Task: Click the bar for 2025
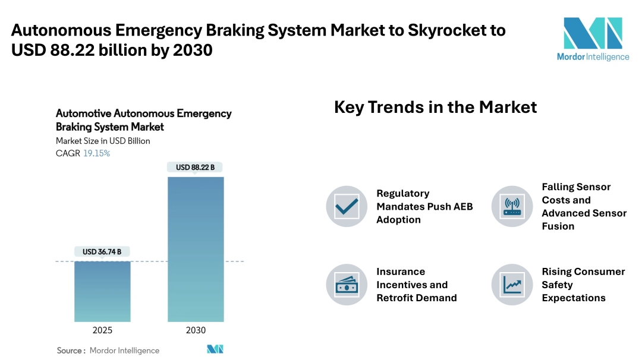point(102,291)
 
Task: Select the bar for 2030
point(196,249)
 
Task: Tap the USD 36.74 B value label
point(102,252)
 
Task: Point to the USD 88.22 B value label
point(196,168)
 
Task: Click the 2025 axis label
point(102,330)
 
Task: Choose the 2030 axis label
point(196,330)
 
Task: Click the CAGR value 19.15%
point(96,153)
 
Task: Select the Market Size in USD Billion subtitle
point(103,141)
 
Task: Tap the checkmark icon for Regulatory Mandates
point(347,207)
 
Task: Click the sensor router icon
point(512,207)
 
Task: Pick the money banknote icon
point(347,285)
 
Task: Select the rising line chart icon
point(512,285)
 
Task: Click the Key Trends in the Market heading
point(435,107)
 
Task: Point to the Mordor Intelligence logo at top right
point(593,39)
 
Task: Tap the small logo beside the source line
point(215,349)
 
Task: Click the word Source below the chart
point(70,350)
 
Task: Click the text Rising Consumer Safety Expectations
point(583,285)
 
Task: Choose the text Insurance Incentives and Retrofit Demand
point(416,285)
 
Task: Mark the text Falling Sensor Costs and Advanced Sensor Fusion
point(584,207)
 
